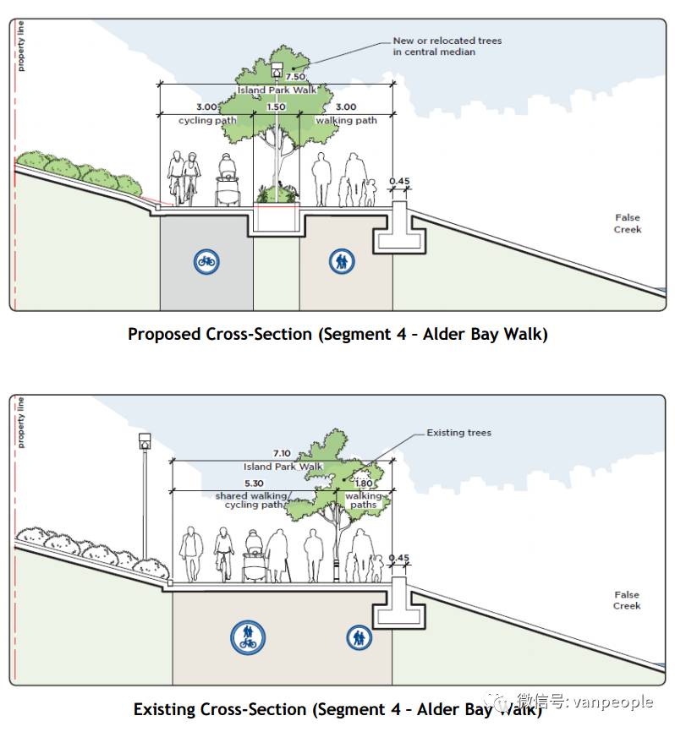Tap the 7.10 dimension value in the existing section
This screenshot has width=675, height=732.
click(283, 454)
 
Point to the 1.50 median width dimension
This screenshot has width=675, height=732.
click(276, 107)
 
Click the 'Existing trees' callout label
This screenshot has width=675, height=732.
click(458, 433)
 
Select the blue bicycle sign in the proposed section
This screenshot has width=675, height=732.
click(206, 262)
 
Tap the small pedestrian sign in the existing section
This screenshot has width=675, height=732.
click(359, 637)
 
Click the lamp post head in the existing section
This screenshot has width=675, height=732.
click(145, 442)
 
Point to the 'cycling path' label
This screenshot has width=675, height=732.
click(207, 121)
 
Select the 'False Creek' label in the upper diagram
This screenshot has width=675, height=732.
click(628, 224)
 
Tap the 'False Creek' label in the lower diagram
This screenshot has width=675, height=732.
click(627, 600)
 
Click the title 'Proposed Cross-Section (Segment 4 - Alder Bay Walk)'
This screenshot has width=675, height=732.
click(337, 334)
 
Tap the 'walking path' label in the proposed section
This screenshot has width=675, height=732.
click(346, 121)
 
